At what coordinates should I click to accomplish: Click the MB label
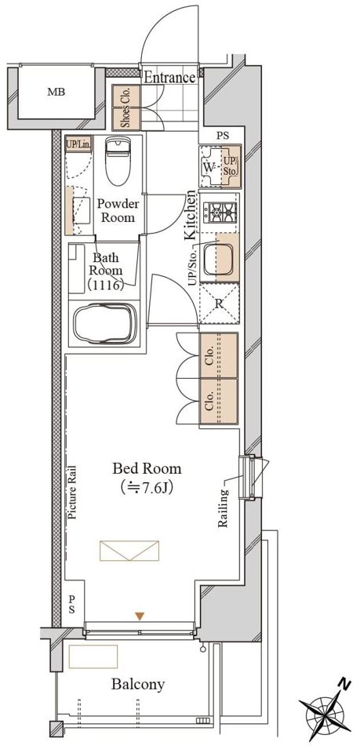[56, 92]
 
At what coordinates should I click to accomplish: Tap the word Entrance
[170, 78]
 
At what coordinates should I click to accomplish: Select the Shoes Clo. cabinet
[126, 107]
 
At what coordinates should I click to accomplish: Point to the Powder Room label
[118, 210]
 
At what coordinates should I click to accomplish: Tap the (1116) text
[106, 284]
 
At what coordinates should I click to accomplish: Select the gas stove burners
[220, 212]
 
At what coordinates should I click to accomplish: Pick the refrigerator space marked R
[219, 304]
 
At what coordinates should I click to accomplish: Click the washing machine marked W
[209, 168]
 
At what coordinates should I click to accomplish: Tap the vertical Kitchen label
[191, 215]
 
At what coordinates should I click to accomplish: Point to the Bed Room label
[147, 467]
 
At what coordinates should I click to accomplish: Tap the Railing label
[223, 508]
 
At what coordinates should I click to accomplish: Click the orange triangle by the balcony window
[139, 616]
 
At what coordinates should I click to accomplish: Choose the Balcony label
[138, 684]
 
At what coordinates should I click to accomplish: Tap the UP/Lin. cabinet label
[78, 144]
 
